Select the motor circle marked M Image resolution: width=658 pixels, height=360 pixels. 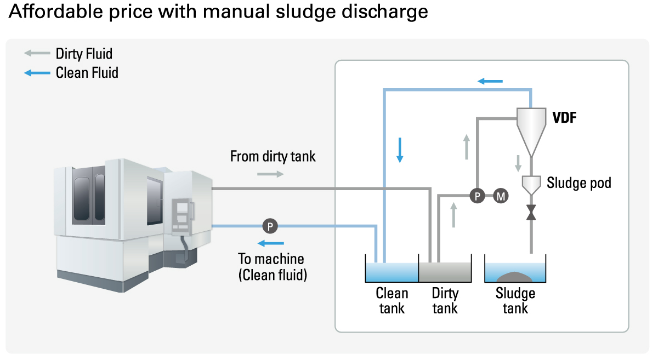501,196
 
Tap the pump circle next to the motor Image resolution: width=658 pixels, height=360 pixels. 477,196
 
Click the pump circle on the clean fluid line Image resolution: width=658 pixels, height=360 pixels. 270,225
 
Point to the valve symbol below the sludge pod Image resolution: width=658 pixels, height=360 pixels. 531,212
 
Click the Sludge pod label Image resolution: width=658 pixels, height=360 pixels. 578,182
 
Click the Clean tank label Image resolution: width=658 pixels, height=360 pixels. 392,301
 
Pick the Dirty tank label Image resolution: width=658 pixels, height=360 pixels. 445,301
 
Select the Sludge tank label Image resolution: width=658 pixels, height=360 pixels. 515,301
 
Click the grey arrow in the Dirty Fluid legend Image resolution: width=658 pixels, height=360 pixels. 37,54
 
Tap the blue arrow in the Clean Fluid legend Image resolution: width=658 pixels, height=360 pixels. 37,72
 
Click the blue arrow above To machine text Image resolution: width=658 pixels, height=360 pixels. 271,243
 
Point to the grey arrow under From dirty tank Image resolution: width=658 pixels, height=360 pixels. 271,174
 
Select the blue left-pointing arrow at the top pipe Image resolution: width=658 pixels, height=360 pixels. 490,82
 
